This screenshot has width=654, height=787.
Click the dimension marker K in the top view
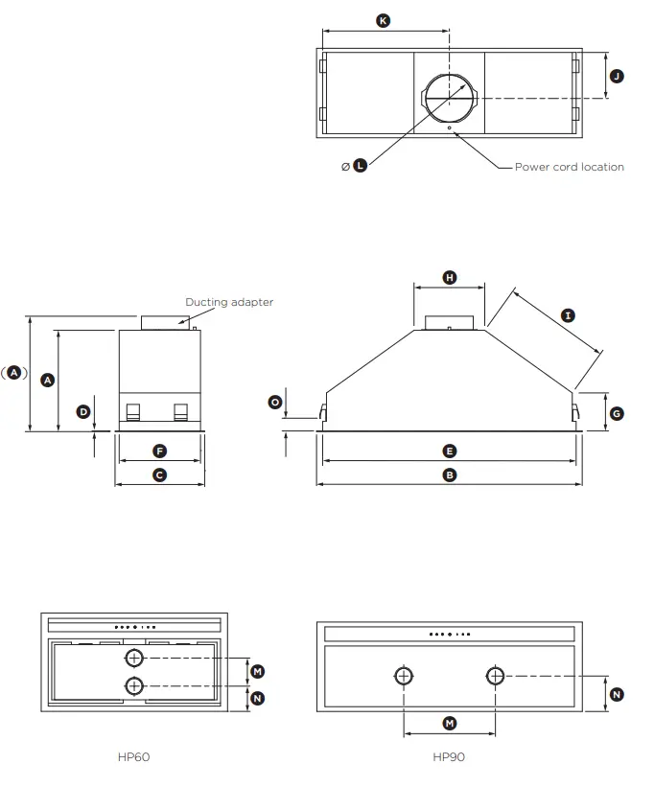tap(384, 20)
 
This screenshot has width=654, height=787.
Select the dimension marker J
tap(617, 76)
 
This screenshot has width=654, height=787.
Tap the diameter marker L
tap(360, 166)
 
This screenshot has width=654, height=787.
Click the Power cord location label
tap(569, 167)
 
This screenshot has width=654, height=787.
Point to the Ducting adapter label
tap(229, 302)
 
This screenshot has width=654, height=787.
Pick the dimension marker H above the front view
tap(450, 277)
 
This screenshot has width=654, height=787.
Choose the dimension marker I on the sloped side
tap(568, 315)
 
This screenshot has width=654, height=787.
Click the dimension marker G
tap(617, 413)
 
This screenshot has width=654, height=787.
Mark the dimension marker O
tap(275, 403)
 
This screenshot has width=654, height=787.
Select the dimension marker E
tap(449, 451)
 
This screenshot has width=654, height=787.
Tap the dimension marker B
tap(449, 475)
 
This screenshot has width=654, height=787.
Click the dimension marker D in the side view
tap(83, 411)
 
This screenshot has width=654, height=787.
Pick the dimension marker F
tap(160, 451)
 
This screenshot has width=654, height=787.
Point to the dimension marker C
tap(160, 475)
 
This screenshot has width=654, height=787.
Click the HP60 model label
tap(133, 756)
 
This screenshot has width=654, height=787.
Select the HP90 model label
tap(448, 756)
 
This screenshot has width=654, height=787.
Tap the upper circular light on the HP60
tap(134, 658)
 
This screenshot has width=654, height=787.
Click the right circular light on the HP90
tap(494, 676)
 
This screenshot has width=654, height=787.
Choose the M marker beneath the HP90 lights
tap(449, 723)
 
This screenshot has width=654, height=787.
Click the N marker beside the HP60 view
tap(257, 698)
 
